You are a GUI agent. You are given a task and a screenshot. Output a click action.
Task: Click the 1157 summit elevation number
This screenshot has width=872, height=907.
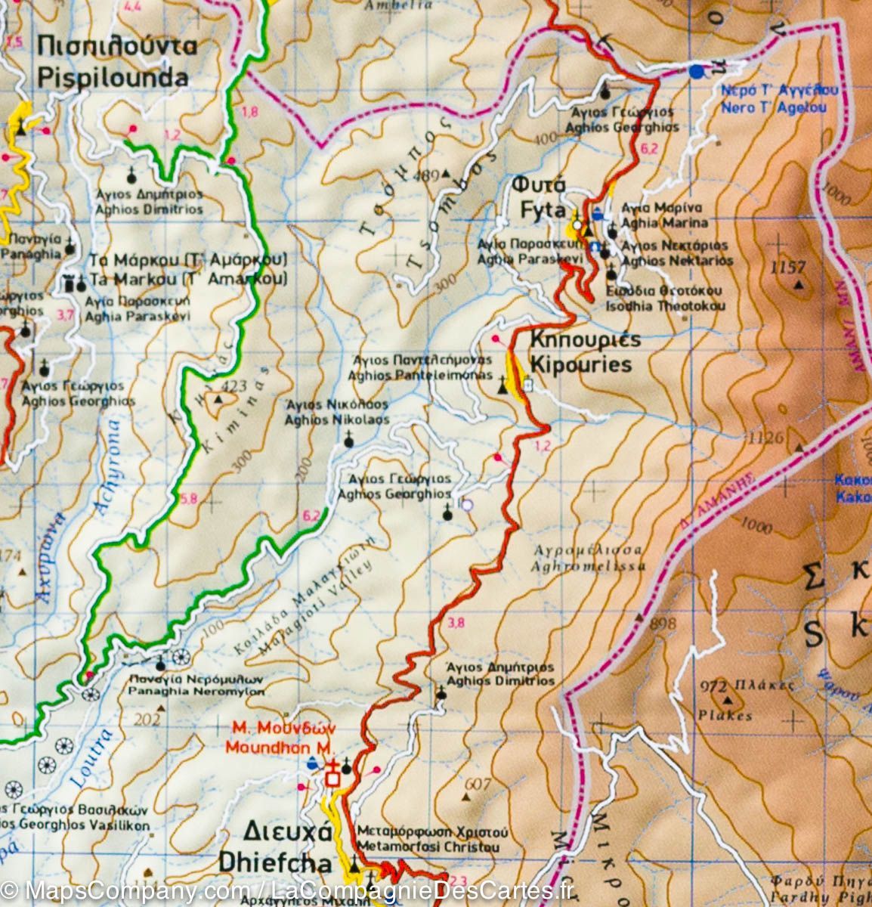(787, 267)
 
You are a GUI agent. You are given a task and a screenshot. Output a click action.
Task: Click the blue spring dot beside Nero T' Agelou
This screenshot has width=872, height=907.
(695, 72)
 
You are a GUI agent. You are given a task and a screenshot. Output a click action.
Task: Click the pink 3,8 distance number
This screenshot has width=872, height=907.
(456, 623)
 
